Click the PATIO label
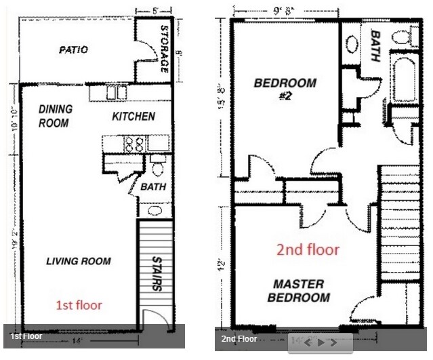(73, 50)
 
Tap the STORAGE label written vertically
(165, 49)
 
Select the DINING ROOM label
(54, 116)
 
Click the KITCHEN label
(133, 117)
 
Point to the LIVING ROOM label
(79, 261)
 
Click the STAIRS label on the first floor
(157, 272)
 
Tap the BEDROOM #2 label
(285, 89)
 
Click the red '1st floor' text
(80, 305)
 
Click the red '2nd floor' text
(308, 249)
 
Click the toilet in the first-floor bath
(158, 167)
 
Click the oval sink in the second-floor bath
(352, 44)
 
